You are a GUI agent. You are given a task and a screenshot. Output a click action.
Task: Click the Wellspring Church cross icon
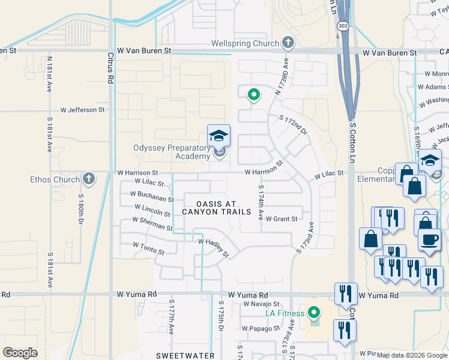pyautogui.click(x=288, y=43)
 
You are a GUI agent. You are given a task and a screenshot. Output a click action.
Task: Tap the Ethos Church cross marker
pyautogui.click(x=88, y=179)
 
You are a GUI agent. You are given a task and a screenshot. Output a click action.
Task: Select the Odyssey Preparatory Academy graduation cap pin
pyautogui.click(x=219, y=136)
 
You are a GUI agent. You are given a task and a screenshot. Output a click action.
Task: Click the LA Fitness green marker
pyautogui.click(x=313, y=312)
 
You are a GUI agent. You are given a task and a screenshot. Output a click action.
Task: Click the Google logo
pyautogui.click(x=20, y=352)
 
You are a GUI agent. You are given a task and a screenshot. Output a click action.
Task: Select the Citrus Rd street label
pyautogui.click(x=110, y=67)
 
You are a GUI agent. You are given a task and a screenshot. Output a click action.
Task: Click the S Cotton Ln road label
pyautogui.click(x=352, y=143)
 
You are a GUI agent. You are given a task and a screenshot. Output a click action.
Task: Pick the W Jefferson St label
pyautogui.click(x=82, y=110)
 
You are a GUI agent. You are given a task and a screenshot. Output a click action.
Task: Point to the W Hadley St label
pyautogui.click(x=214, y=247)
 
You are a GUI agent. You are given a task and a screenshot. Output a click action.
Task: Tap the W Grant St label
pyautogui.click(x=282, y=219)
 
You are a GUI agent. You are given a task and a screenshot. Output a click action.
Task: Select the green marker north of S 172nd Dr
pyautogui.click(x=253, y=94)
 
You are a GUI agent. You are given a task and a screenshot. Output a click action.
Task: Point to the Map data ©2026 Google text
pyautogui.click(x=412, y=355)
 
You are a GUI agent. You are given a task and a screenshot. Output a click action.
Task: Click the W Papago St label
pyautogui.click(x=261, y=328)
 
